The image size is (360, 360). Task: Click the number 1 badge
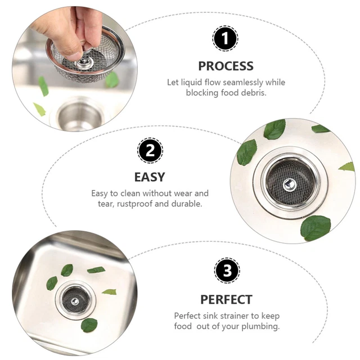(x=225, y=39)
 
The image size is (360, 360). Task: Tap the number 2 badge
(x=150, y=151)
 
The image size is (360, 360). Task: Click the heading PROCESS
(x=226, y=66)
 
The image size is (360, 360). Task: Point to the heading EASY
(x=150, y=177)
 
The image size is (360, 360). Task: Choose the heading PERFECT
(x=226, y=299)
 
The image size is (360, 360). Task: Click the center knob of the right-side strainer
(x=287, y=183)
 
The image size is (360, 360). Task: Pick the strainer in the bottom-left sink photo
(x=75, y=298)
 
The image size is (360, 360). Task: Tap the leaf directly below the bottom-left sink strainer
(x=89, y=325)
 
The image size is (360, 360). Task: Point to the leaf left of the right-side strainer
(x=246, y=152)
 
